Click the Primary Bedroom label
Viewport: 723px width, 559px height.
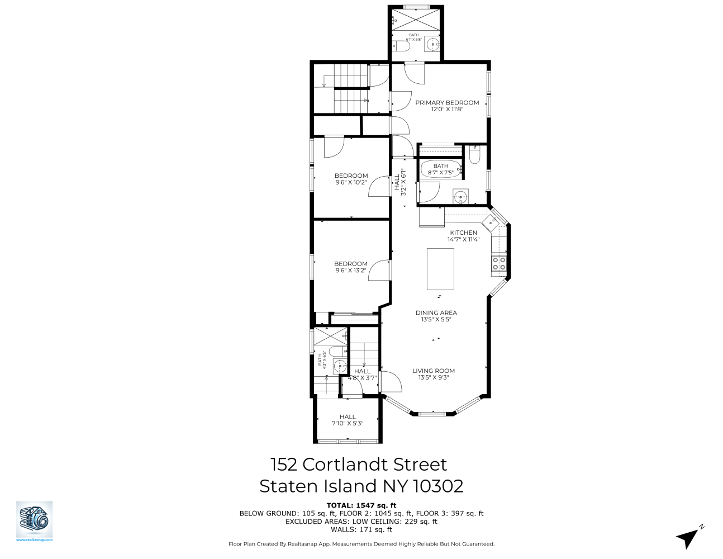pyautogui.click(x=447, y=103)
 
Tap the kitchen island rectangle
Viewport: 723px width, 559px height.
pyautogui.click(x=440, y=269)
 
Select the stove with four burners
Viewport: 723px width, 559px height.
pyautogui.click(x=499, y=263)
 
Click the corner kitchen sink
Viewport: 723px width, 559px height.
pyautogui.click(x=492, y=221)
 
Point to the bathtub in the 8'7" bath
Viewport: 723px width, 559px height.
pyautogui.click(x=440, y=169)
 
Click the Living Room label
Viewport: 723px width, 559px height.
pyautogui.click(x=434, y=371)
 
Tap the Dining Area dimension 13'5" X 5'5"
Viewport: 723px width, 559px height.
pyautogui.click(x=436, y=320)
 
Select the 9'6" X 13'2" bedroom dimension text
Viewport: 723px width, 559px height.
pyautogui.click(x=351, y=271)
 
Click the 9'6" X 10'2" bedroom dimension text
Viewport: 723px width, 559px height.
pyautogui.click(x=351, y=182)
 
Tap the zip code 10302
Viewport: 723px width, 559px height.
pyautogui.click(x=438, y=486)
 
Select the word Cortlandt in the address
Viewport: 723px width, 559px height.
pyautogui.click(x=358, y=465)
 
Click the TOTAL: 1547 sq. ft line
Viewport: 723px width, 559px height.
pyautogui.click(x=361, y=505)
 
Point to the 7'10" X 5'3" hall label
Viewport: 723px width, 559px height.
pyautogui.click(x=348, y=423)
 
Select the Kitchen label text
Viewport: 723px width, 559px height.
pyautogui.click(x=464, y=233)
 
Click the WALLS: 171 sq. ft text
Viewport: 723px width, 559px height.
pyautogui.click(x=361, y=529)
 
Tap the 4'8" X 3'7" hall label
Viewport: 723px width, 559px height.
pyautogui.click(x=363, y=377)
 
